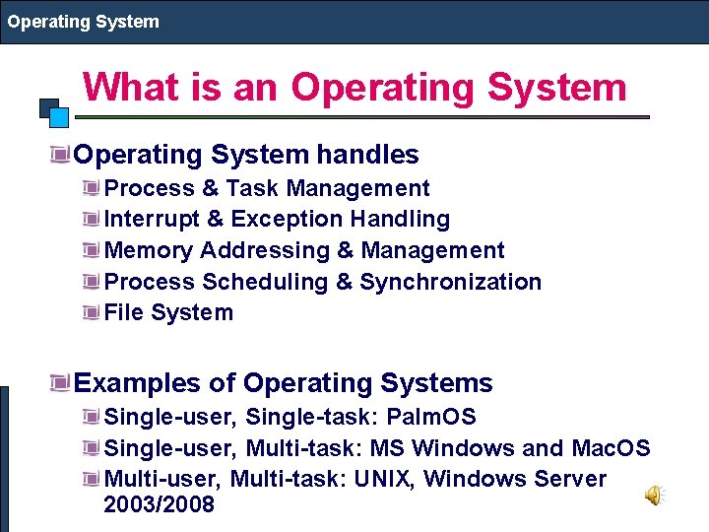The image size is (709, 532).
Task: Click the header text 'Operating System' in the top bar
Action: pyautogui.click(x=84, y=21)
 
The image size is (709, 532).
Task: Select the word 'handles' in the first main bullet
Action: pyautogui.click(x=367, y=155)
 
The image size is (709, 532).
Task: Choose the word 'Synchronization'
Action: pyautogui.click(x=451, y=282)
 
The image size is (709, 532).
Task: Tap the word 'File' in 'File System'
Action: pyautogui.click(x=123, y=313)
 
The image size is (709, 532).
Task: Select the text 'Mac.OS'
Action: pyautogui.click(x=611, y=448)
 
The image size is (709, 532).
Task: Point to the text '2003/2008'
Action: pyautogui.click(x=159, y=504)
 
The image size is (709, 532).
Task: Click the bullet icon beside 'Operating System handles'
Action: pyautogui.click(x=63, y=154)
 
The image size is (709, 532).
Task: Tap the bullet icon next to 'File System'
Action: pyautogui.click(x=93, y=313)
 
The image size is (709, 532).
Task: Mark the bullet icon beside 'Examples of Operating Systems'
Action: pyautogui.click(x=63, y=382)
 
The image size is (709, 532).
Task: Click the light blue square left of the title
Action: pyautogui.click(x=59, y=117)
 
